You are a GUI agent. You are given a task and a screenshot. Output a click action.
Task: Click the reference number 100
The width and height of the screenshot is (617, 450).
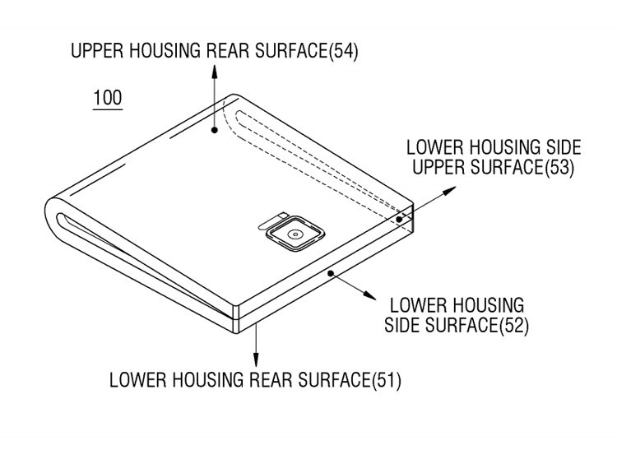108,98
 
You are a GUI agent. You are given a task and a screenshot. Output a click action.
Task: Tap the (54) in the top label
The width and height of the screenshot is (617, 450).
343,51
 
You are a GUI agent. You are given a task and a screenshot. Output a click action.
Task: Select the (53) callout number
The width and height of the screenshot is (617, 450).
559,168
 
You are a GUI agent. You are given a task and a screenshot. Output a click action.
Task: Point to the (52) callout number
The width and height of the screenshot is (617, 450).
514,326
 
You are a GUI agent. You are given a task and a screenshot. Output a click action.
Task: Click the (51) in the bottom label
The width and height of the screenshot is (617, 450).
387,380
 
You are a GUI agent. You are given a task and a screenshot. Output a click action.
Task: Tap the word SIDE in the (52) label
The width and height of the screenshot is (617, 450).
402,325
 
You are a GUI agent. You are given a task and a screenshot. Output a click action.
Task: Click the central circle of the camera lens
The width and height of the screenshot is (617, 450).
295,234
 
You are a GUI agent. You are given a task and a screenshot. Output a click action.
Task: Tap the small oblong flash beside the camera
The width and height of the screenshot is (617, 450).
272,221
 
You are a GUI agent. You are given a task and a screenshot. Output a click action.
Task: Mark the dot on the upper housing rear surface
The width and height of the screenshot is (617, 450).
215,130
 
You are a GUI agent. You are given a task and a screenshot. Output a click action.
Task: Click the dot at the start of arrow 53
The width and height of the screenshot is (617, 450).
399,219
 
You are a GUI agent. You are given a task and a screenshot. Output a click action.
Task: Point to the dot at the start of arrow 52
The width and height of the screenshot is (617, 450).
331,273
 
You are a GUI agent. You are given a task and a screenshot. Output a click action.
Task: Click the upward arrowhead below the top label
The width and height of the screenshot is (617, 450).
215,71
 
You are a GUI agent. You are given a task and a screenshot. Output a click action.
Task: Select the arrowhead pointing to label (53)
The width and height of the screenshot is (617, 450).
449,191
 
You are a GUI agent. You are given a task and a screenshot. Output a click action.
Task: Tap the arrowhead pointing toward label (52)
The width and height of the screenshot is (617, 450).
369,295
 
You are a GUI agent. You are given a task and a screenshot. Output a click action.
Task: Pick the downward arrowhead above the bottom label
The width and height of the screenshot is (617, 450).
256,360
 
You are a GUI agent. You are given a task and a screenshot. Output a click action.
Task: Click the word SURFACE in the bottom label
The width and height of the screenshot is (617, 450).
335,379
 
